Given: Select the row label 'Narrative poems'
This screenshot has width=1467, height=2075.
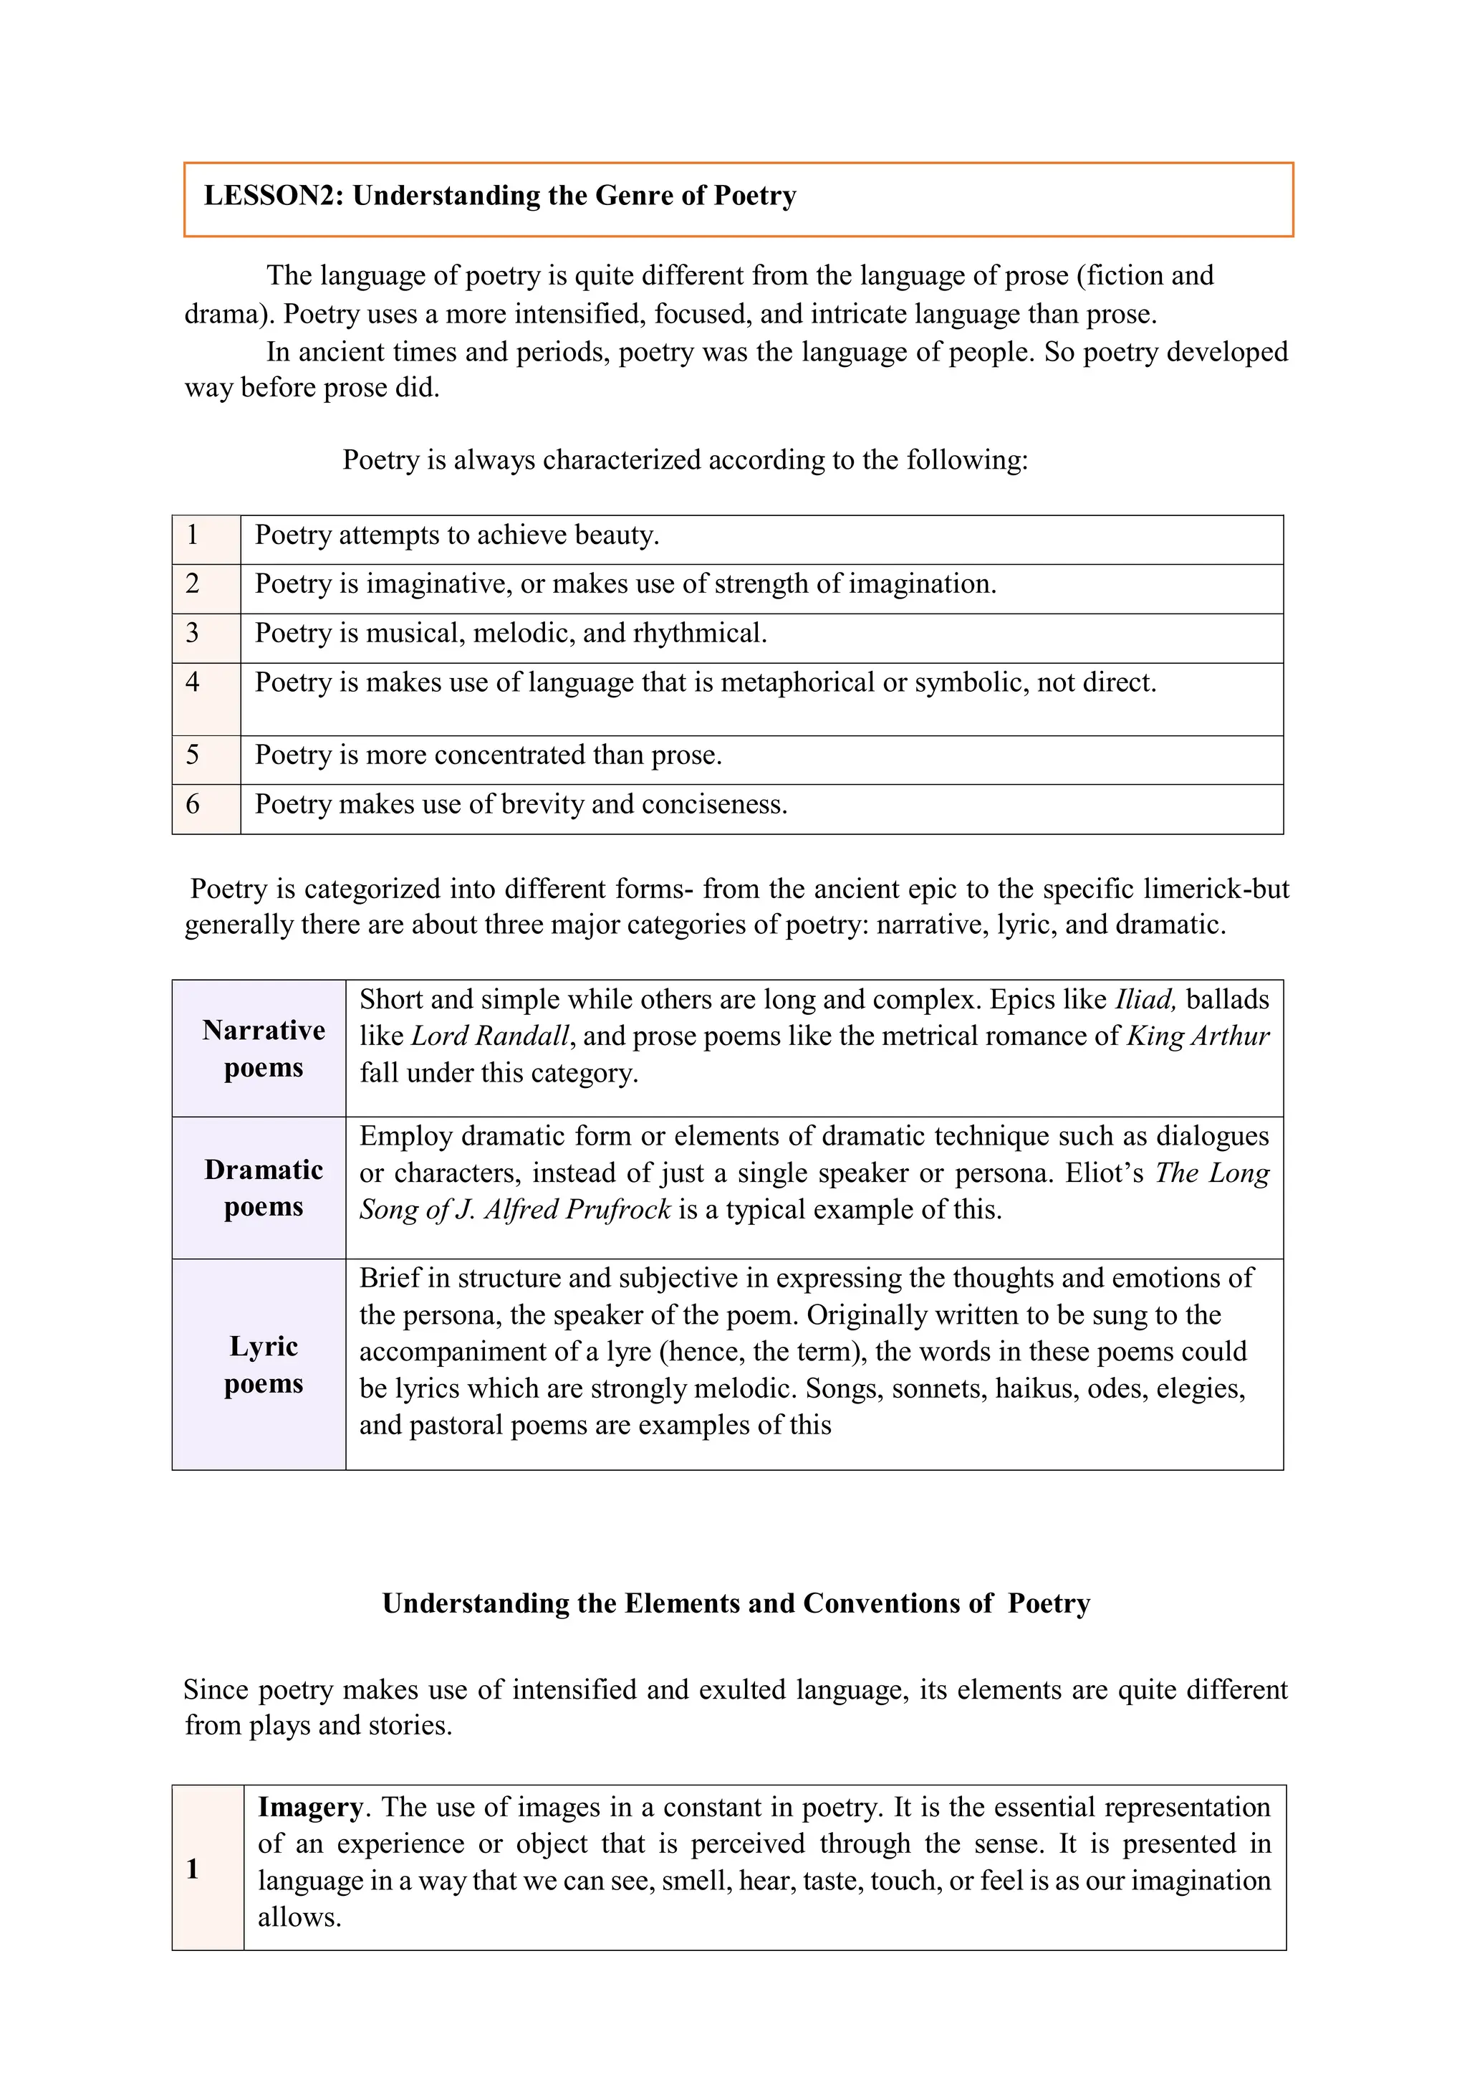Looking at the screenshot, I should click(x=263, y=1049).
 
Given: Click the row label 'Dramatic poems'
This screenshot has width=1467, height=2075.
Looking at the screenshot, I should click(x=263, y=1188).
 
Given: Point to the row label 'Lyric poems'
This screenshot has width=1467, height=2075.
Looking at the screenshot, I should click(x=263, y=1365).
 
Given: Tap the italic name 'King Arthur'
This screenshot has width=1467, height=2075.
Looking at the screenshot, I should click(x=1198, y=1036).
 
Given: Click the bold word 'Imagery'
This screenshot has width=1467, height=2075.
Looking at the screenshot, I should click(x=310, y=1808).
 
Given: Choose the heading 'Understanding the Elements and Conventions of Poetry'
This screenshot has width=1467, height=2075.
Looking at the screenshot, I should click(x=736, y=1603).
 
